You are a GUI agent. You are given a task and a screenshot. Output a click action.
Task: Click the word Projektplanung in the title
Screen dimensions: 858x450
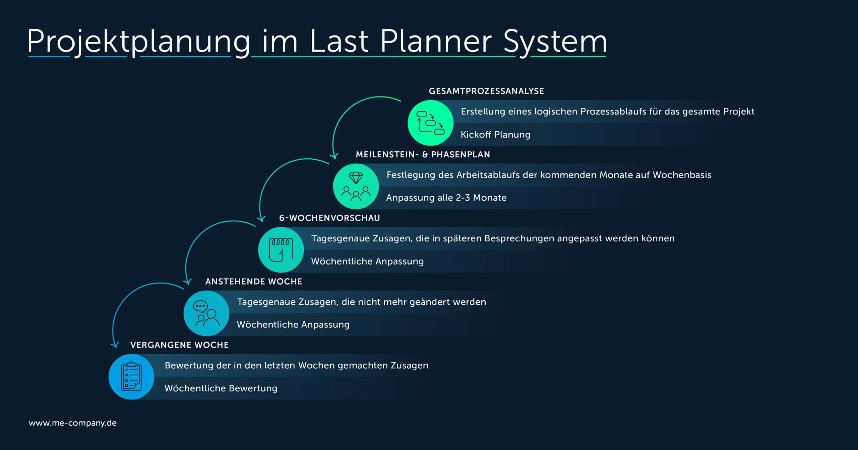pyautogui.click(x=139, y=42)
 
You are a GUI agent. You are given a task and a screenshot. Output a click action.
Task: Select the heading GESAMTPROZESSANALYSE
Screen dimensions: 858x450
pyautogui.click(x=486, y=91)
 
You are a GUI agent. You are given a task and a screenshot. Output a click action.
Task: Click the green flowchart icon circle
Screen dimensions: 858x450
pyautogui.click(x=430, y=123)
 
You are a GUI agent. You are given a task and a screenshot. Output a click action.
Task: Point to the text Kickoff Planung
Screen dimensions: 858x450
pyautogui.click(x=495, y=135)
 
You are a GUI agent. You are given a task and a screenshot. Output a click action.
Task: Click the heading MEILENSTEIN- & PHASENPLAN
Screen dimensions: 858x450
pyautogui.click(x=423, y=154)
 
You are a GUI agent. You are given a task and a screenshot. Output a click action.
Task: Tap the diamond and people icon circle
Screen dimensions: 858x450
pyautogui.click(x=356, y=186)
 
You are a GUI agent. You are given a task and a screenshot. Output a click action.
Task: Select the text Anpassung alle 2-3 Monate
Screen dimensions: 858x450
pyautogui.click(x=446, y=198)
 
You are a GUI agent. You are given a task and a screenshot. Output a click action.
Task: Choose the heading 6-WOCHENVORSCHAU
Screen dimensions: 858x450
pyautogui.click(x=330, y=218)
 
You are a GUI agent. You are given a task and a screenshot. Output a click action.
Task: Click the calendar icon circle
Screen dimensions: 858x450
pyautogui.click(x=281, y=250)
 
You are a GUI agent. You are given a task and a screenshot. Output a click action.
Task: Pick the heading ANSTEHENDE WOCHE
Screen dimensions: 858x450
pyautogui.click(x=254, y=282)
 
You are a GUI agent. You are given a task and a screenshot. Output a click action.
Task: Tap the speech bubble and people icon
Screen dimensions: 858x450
pyautogui.click(x=206, y=313)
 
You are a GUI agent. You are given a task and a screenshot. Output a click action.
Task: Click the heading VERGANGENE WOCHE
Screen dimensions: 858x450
pyautogui.click(x=179, y=345)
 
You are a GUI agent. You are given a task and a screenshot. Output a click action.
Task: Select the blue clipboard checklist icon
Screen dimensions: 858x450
pyautogui.click(x=131, y=377)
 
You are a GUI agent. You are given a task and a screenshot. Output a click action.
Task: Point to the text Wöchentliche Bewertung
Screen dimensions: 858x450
pyautogui.click(x=221, y=388)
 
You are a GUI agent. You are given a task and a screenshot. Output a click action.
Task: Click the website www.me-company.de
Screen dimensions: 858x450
pyautogui.click(x=73, y=423)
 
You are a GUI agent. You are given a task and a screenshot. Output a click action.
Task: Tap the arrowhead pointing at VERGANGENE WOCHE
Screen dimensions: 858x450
pyautogui.click(x=115, y=345)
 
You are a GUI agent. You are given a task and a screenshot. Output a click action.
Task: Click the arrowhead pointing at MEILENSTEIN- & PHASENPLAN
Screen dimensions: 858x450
pyautogui.click(x=334, y=155)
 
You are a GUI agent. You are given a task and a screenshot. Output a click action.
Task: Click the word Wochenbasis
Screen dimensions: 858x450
pyautogui.click(x=682, y=175)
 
